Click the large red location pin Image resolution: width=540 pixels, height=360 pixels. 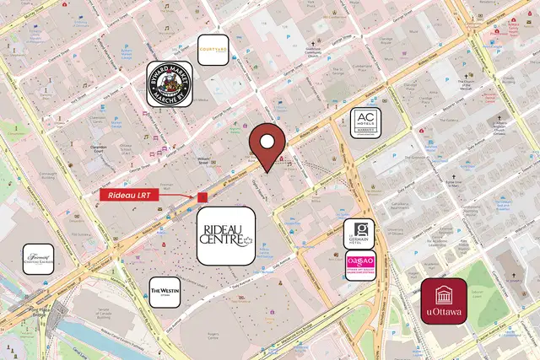point(269,145)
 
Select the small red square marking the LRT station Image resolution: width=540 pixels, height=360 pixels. point(202,196)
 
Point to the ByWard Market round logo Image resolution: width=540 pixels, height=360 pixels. point(170,84)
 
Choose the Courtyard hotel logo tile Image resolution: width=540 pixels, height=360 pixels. point(213,50)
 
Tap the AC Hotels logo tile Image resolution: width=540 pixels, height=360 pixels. point(366,123)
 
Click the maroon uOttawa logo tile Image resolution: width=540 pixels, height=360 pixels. point(444,301)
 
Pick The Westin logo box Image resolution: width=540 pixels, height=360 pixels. point(165,292)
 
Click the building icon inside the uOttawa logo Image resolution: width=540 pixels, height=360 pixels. point(444,295)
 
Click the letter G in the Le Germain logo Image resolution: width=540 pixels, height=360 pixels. point(359,228)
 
